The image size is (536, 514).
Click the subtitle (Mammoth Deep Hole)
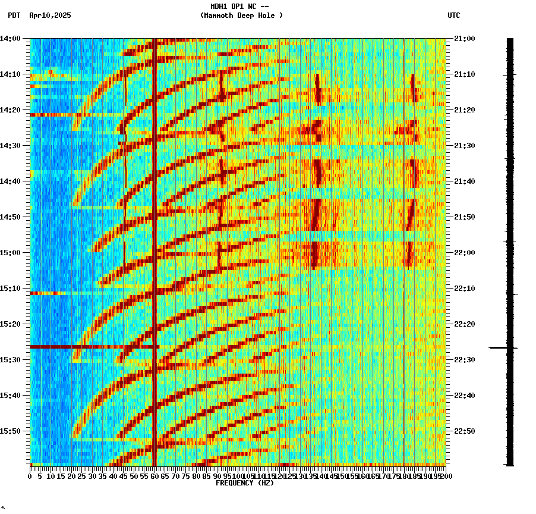point(241,15)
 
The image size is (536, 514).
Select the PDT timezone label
point(14,15)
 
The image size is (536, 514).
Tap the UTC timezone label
point(453,15)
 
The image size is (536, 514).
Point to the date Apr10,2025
point(50,15)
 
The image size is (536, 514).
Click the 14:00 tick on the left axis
point(10,39)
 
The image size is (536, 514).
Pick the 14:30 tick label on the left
point(10,146)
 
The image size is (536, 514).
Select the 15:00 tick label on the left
point(10,253)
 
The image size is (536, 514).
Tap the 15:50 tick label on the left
point(10,431)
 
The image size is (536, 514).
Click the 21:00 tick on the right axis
point(465,39)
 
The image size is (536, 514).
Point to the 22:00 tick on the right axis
point(465,253)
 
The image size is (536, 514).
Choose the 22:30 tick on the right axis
point(465,360)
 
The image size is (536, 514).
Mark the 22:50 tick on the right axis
point(465,431)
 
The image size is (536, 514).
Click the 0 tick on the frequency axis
point(30,476)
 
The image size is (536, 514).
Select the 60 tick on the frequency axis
point(155,476)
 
